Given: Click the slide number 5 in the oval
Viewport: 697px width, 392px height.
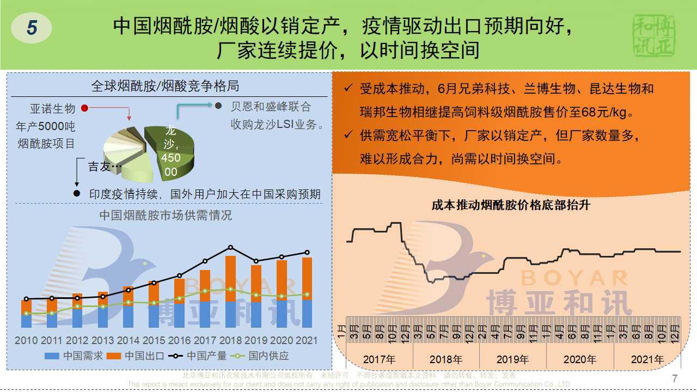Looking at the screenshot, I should click(x=32, y=27).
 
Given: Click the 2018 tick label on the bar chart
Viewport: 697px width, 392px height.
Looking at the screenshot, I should click(x=231, y=341).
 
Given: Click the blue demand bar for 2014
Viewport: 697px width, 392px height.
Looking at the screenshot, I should click(x=129, y=316).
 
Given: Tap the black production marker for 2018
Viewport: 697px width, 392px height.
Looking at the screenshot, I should click(x=231, y=247).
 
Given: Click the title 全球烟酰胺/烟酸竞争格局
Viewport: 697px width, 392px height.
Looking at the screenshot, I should click(x=164, y=86).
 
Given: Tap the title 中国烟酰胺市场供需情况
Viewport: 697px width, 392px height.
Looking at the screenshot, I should click(x=166, y=216).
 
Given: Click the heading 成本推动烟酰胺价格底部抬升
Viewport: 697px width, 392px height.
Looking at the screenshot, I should click(x=511, y=205).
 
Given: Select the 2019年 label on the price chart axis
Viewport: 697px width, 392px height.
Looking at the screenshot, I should click(x=512, y=359).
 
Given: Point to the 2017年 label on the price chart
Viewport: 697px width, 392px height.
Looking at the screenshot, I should click(x=379, y=359).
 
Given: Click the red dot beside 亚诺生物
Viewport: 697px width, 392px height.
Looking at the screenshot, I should click(x=84, y=108).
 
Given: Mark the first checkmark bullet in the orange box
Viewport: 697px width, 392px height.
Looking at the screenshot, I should click(x=348, y=89).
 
